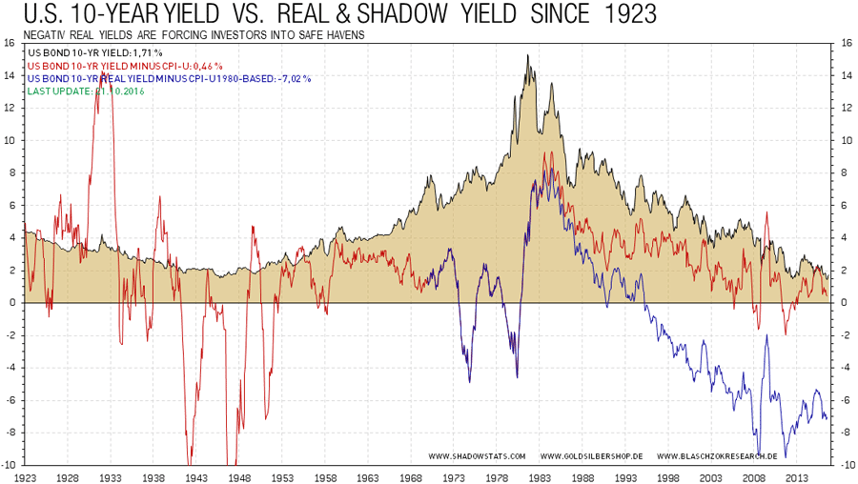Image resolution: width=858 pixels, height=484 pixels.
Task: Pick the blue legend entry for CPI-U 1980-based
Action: click(x=170, y=78)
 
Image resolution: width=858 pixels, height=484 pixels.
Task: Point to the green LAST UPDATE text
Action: click(x=86, y=91)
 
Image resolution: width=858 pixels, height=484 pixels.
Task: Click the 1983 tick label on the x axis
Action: click(x=541, y=476)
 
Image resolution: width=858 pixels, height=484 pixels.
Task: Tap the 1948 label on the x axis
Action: click(x=239, y=476)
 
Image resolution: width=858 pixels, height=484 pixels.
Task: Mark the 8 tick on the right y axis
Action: click(x=845, y=172)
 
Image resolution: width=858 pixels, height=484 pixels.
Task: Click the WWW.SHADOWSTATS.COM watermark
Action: click(x=476, y=455)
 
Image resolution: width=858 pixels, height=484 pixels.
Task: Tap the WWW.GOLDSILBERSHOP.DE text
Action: click(x=590, y=455)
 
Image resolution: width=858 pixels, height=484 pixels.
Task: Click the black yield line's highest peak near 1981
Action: click(x=527, y=55)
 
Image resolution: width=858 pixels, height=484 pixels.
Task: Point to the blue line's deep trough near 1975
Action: click(x=469, y=381)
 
